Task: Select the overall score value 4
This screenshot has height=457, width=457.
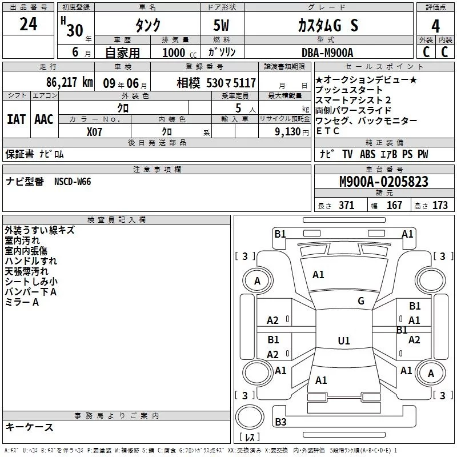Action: point(436,26)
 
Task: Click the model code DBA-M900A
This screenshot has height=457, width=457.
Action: point(327,52)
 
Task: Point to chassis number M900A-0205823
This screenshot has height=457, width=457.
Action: point(383,182)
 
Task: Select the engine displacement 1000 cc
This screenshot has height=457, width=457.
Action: point(176,53)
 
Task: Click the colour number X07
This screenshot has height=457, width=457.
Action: point(94,131)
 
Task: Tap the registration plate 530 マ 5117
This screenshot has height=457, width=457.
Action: point(225,83)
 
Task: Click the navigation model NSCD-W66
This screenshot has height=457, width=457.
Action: point(73,182)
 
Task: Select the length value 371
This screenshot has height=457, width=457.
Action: point(346,206)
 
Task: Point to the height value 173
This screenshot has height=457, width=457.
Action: point(440,206)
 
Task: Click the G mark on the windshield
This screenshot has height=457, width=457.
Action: point(360,300)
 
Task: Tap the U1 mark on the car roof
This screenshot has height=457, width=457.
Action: point(343,341)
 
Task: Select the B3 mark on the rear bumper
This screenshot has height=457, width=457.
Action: point(280,422)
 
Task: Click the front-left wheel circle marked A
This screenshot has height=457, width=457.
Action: point(257,281)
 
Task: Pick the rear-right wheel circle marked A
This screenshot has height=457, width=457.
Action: point(431,374)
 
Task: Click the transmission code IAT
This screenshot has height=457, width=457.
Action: point(16,119)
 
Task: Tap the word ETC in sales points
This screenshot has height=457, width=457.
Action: point(328,131)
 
